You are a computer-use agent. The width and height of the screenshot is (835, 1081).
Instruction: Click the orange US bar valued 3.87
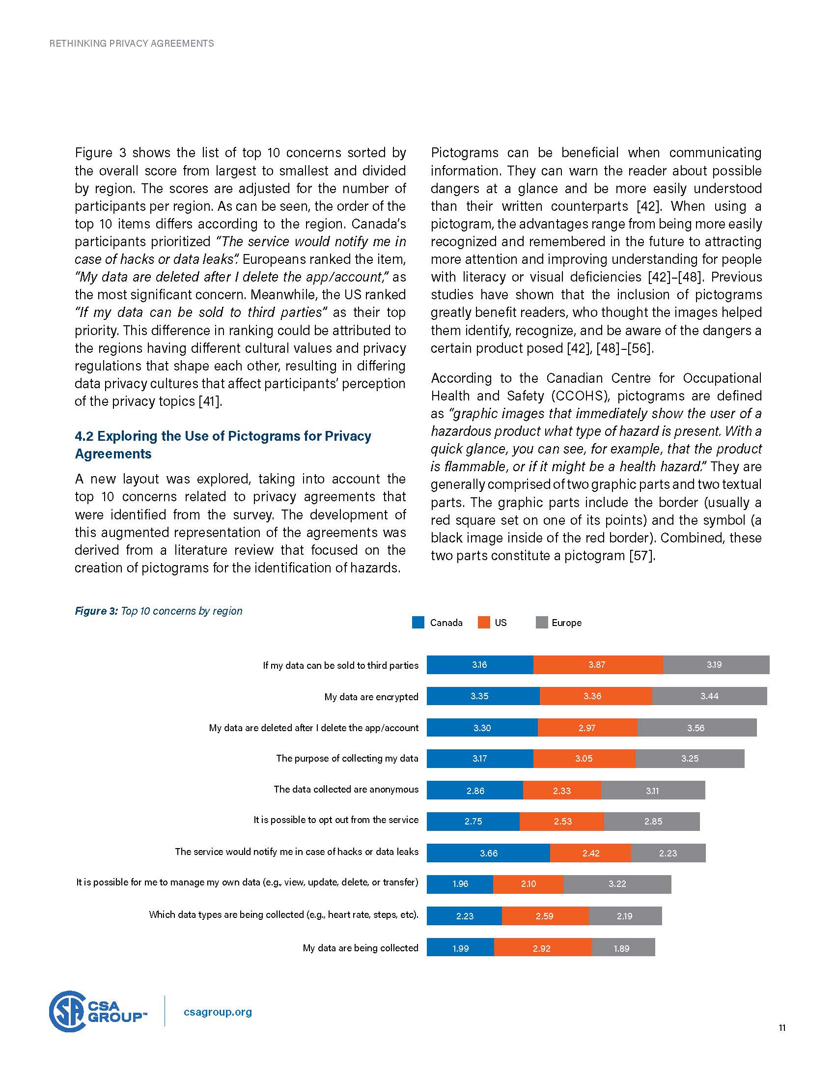tap(598, 665)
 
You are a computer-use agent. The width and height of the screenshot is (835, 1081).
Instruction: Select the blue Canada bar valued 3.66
tap(488, 853)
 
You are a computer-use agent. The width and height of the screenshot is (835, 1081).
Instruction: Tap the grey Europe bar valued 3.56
tap(696, 728)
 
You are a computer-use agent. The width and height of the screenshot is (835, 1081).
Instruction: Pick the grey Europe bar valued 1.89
tap(623, 948)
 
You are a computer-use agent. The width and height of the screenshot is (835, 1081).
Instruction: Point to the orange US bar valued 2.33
tap(562, 791)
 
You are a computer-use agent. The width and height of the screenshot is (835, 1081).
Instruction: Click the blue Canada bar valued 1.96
tap(460, 884)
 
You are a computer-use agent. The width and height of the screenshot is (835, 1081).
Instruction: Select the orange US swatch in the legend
tap(484, 623)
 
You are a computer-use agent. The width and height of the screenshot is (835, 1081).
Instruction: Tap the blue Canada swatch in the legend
tap(418, 623)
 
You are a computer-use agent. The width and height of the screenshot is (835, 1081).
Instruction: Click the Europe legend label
tap(566, 623)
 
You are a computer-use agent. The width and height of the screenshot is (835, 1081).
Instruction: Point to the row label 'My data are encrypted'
tap(371, 697)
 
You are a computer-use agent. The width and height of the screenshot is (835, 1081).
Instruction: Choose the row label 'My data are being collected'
tap(360, 948)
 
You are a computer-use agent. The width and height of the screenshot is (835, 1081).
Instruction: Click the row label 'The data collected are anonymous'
tap(346, 790)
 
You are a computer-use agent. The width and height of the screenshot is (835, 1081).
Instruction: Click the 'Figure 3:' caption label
tap(96, 611)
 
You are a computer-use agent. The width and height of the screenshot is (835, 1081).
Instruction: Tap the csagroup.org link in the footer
tap(218, 1012)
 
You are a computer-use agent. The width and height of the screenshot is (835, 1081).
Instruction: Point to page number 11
tap(782, 1027)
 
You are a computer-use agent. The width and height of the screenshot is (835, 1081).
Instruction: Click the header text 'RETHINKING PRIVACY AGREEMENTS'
tap(132, 44)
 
